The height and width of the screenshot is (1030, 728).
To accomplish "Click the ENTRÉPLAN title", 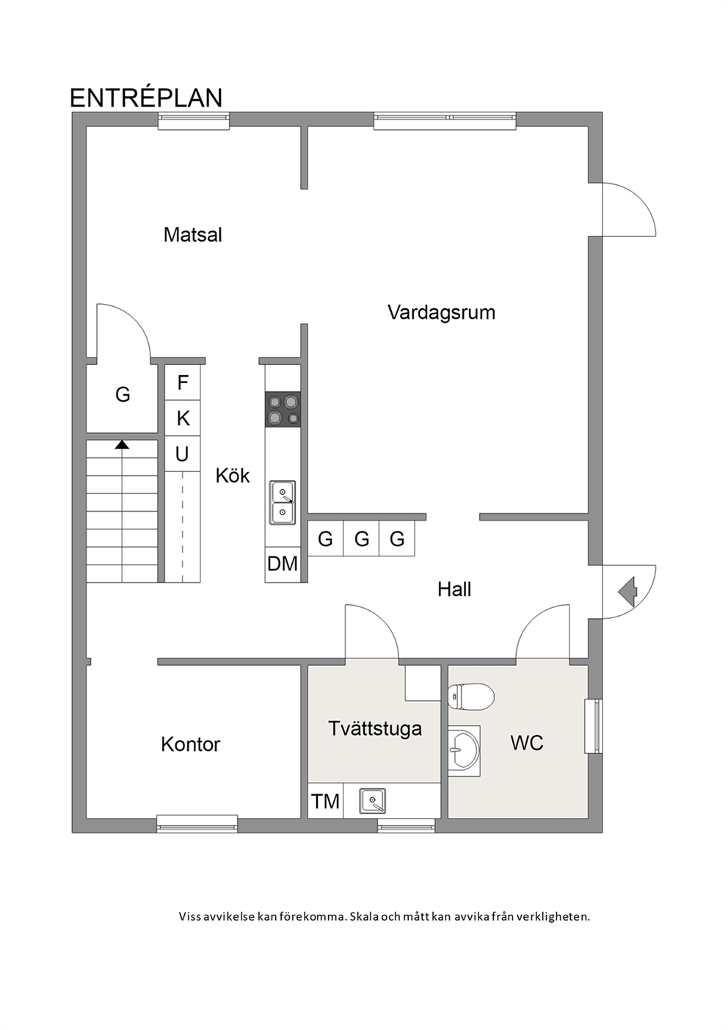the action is point(146,97).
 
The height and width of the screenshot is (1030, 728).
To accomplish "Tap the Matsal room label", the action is point(192,235).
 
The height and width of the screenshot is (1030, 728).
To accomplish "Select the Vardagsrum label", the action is point(441,313).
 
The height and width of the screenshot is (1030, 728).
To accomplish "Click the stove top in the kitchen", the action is point(283,409).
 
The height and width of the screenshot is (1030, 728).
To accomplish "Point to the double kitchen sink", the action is point(283,502).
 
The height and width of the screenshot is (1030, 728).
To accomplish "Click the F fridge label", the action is point(183,382).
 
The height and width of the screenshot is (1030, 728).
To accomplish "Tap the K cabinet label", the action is point(183,418).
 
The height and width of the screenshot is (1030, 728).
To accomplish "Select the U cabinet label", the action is point(182,454).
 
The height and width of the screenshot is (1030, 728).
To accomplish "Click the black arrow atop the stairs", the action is point(122,444).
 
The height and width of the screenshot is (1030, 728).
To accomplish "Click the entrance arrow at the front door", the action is point(627,592).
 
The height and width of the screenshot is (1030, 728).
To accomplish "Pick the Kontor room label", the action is point(190,744).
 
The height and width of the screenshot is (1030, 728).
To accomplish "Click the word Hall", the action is point(454,590).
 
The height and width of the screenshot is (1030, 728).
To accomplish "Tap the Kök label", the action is point(233,476).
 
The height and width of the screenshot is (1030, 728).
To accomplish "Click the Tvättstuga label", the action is point(375,729).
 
